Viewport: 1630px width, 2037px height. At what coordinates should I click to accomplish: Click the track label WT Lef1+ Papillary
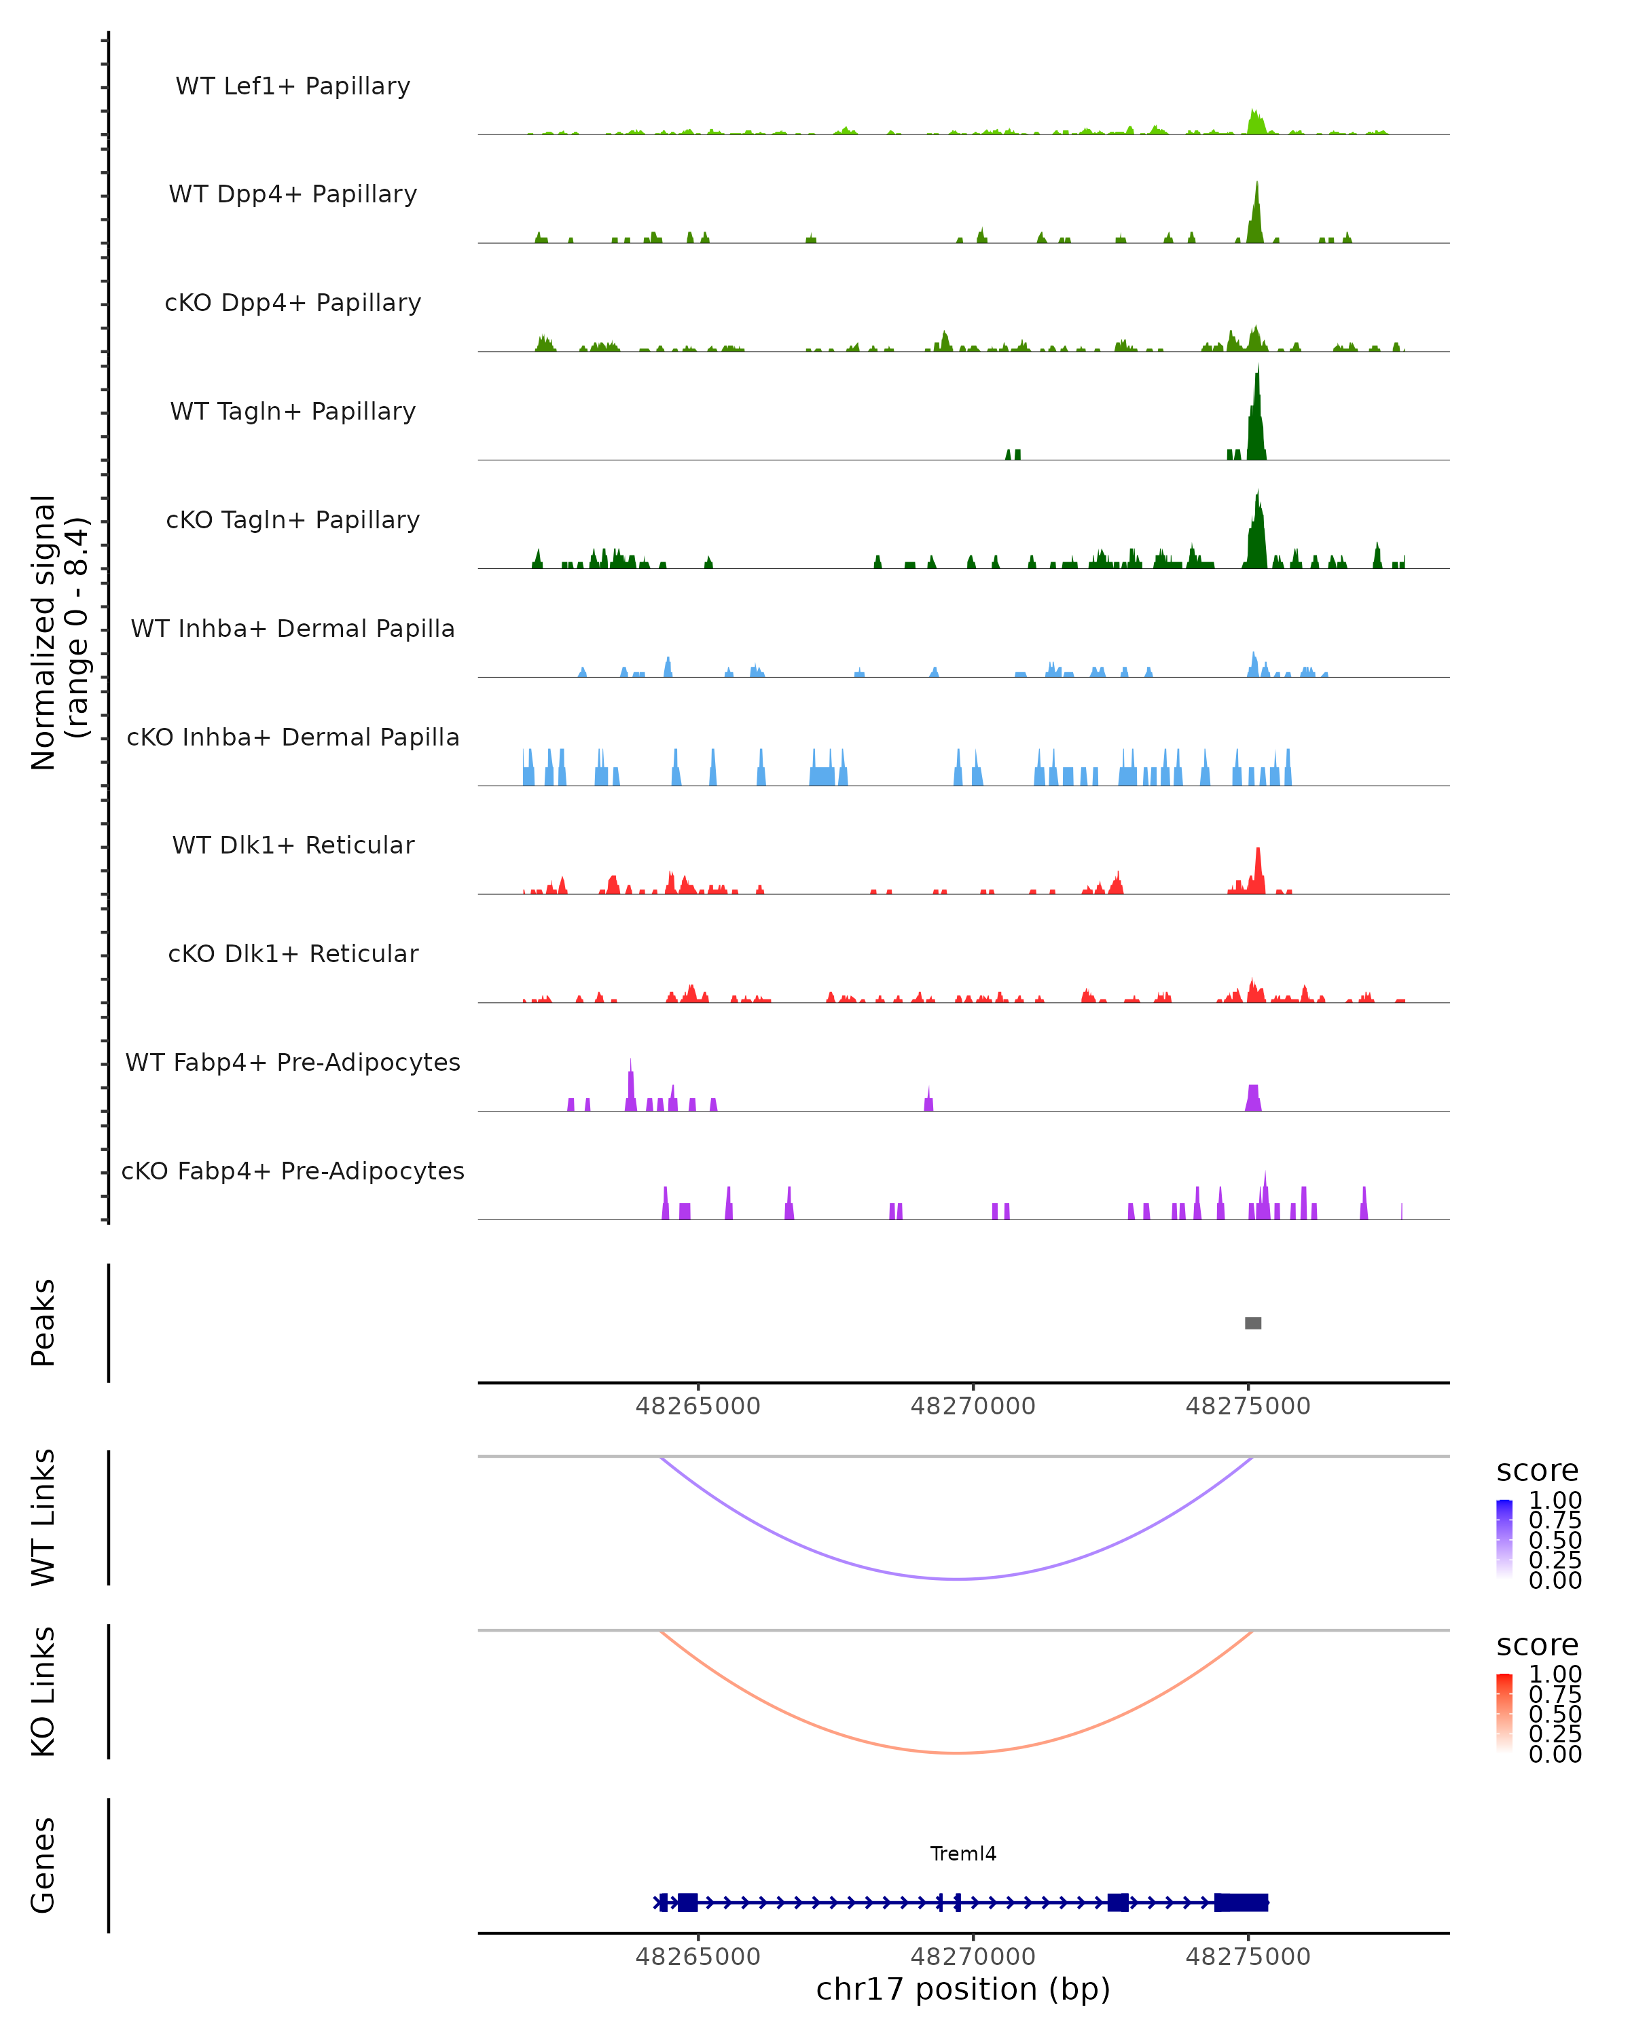coord(293,86)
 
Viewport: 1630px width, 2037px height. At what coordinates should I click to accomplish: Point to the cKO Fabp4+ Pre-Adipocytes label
coord(293,1171)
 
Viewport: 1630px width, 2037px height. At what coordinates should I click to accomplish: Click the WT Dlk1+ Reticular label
coord(293,845)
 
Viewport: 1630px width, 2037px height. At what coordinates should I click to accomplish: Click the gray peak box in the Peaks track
coord(1253,1323)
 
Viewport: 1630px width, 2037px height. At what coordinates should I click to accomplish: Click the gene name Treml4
coord(963,1854)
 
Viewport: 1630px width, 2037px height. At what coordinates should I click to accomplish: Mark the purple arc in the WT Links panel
coord(956,1578)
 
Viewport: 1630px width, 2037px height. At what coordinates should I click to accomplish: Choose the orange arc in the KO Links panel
coord(956,1752)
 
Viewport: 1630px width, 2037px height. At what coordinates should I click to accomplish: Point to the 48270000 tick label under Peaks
coord(973,1406)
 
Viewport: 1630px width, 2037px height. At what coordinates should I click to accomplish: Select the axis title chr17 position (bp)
coord(963,1989)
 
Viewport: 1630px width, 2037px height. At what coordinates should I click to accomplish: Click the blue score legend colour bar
coord(1504,1538)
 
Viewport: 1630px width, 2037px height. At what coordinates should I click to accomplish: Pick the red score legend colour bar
coord(1504,1712)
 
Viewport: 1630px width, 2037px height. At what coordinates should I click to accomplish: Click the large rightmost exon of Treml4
coord(1241,1902)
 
